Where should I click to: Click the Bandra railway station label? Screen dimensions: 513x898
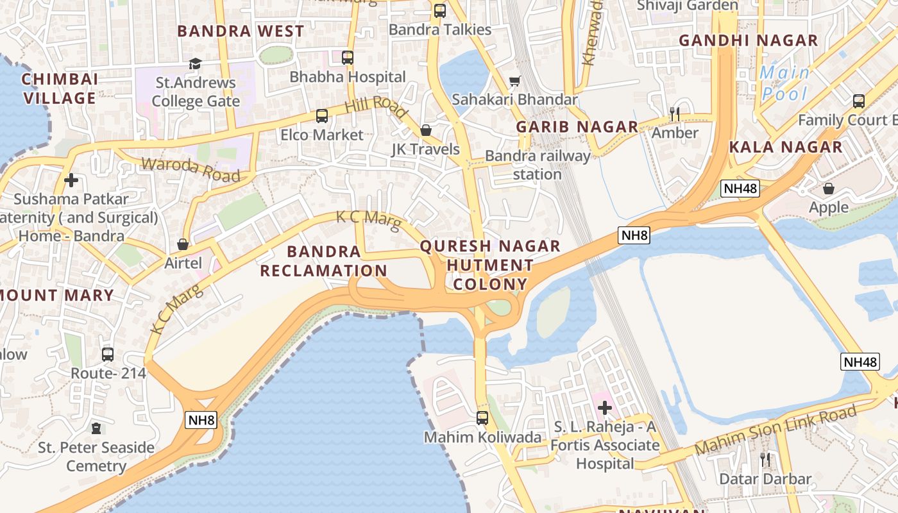[538, 165]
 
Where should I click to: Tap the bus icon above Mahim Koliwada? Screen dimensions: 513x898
[482, 418]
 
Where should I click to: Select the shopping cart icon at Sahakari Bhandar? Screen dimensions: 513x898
[514, 81]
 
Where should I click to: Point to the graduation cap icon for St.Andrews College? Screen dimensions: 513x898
[195, 63]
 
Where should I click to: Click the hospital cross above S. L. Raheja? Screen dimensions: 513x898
[604, 407]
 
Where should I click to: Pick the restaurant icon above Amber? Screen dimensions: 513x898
[674, 114]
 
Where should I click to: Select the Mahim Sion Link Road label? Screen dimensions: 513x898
[775, 430]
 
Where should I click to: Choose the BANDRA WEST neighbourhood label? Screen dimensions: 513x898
[241, 31]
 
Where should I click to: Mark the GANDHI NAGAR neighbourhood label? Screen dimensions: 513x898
[749, 40]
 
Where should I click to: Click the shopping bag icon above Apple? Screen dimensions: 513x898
[829, 189]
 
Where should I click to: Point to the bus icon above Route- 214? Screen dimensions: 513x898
[108, 354]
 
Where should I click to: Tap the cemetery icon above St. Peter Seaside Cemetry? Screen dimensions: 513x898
[96, 428]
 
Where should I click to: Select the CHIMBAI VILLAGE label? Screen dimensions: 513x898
[59, 88]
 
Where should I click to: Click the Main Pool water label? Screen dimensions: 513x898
[784, 83]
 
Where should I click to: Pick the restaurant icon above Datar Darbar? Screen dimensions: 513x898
[765, 459]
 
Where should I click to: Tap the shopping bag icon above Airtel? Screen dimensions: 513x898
[183, 244]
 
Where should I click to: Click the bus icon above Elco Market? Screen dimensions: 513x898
[322, 116]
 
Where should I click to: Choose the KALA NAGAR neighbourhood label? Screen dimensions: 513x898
[786, 147]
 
